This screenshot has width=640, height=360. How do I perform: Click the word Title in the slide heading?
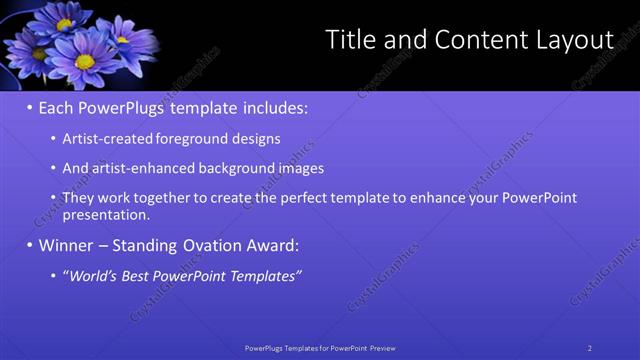tap(351, 40)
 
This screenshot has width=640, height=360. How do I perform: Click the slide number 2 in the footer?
tap(590, 348)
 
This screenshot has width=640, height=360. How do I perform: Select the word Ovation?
tap(213, 245)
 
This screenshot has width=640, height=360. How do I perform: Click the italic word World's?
tap(95, 276)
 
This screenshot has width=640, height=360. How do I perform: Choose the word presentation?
tap(106, 214)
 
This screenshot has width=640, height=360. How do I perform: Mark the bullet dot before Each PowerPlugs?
tap(30, 107)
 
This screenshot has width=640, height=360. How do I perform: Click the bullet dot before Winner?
tap(30, 245)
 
